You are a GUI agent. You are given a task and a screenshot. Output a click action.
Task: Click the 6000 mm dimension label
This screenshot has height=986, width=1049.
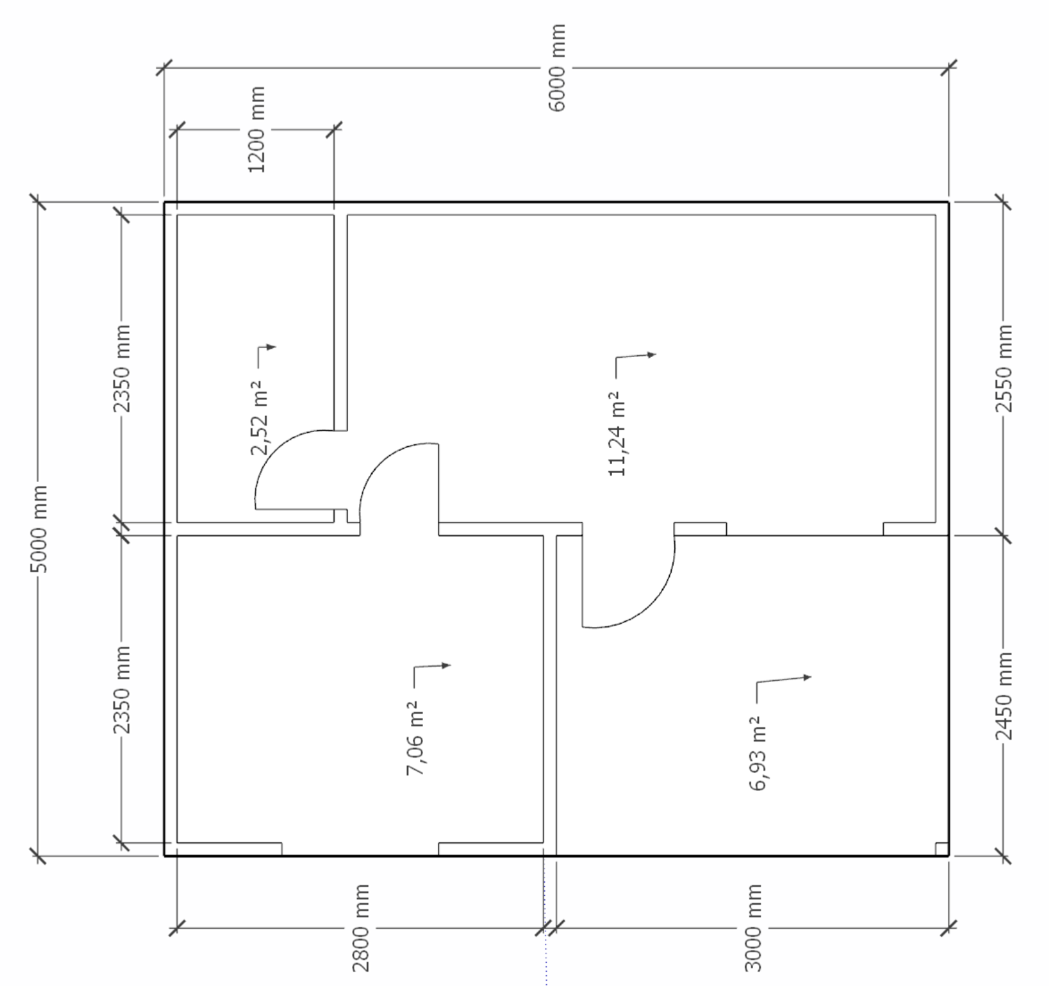557,68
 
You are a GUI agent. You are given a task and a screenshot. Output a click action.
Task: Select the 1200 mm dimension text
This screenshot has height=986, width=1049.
257,129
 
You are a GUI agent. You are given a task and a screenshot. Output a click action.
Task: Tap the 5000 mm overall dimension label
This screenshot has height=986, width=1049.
39,529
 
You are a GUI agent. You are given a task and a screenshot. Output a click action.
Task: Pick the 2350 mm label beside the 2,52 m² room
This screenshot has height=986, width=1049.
121,369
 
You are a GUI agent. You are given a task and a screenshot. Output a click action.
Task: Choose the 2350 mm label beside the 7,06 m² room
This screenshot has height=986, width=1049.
121,690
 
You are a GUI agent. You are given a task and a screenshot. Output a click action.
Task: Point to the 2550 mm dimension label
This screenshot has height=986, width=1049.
1004,369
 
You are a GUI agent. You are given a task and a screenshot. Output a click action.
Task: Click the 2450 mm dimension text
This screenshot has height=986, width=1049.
1004,696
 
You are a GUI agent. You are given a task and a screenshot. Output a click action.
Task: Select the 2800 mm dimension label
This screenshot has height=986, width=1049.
360,928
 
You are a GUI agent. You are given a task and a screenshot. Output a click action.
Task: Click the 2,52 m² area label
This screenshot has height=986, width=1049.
260,417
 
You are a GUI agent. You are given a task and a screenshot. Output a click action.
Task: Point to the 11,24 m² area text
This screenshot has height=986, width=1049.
617,433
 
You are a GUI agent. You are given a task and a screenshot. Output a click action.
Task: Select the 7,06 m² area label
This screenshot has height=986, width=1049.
416,738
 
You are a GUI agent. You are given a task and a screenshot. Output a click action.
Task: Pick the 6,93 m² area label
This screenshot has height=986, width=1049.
758,753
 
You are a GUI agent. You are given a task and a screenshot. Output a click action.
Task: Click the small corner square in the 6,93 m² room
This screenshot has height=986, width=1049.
941,849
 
